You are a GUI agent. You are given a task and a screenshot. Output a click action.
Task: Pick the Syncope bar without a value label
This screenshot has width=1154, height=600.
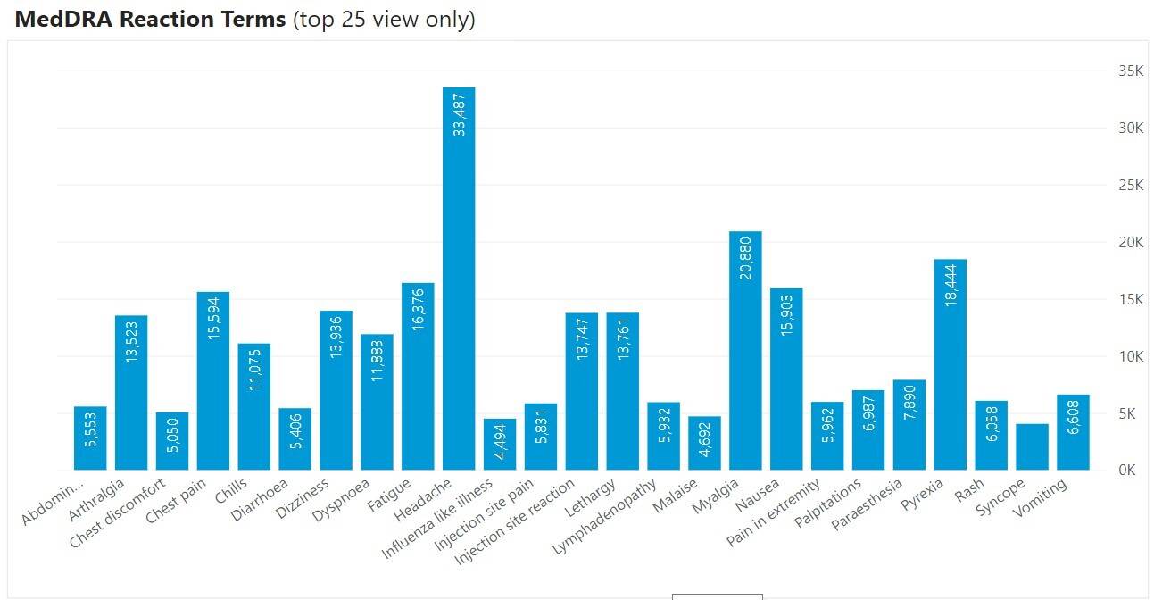1032,446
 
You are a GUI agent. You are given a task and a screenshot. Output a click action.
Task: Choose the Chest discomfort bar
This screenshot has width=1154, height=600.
172,441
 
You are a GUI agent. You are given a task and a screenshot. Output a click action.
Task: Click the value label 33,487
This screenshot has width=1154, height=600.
459,113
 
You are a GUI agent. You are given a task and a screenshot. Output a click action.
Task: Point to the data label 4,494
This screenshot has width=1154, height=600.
500,447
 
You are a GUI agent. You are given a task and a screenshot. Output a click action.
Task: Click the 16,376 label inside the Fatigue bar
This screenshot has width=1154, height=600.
418,309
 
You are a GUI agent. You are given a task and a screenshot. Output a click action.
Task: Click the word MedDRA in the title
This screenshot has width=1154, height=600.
62,19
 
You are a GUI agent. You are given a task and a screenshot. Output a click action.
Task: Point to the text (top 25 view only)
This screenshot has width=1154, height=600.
384,20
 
